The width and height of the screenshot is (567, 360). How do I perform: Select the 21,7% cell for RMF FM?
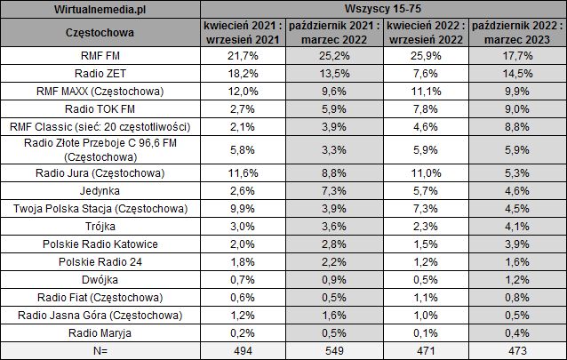[x=244, y=56]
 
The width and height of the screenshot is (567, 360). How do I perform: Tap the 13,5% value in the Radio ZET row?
[x=335, y=73]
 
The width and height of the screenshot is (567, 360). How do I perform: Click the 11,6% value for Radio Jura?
[x=244, y=172]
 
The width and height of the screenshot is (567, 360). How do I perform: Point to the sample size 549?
[x=335, y=350]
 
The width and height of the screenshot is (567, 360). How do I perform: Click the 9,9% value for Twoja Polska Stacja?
[x=244, y=208]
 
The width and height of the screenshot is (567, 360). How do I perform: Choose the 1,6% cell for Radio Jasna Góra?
[x=335, y=315]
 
